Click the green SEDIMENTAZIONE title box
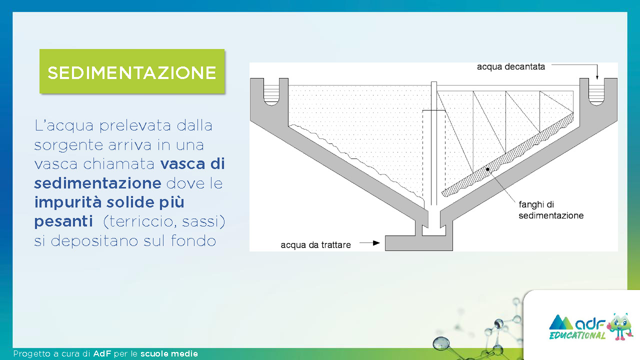click(132, 71)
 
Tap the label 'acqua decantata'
click(511, 67)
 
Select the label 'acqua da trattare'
click(315, 245)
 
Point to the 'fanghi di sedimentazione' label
click(551, 210)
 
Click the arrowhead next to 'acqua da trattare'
click(376, 243)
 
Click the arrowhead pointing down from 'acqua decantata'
click(597, 76)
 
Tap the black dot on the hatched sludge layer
click(487, 169)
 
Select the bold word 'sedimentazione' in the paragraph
click(97, 183)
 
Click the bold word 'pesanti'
click(63, 221)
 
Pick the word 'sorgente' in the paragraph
click(68, 145)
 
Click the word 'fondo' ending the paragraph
click(193, 240)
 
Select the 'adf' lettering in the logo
click(590, 323)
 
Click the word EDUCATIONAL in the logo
click(577, 335)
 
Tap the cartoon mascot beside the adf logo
click(619, 327)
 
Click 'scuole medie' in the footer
click(169, 353)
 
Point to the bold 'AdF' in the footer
click(102, 353)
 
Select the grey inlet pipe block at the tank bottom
click(419, 243)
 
